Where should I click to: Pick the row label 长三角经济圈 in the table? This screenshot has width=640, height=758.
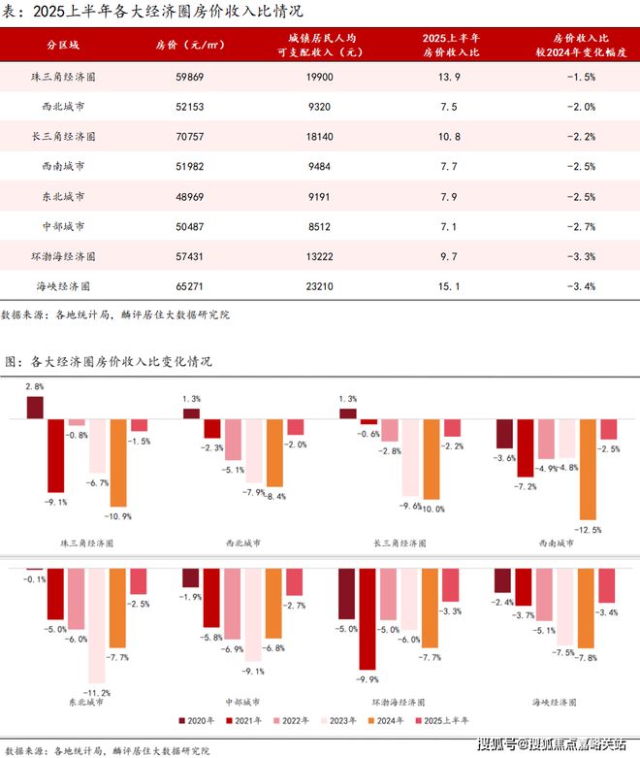click(x=65, y=137)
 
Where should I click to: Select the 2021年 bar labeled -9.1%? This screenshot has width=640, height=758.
click(x=55, y=455)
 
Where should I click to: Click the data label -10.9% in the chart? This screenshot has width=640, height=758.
click(x=119, y=515)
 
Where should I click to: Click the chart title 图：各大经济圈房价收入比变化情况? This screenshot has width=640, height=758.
click(x=109, y=361)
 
